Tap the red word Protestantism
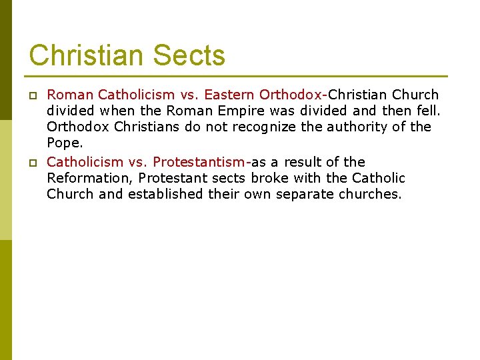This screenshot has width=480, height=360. coord(199,162)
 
